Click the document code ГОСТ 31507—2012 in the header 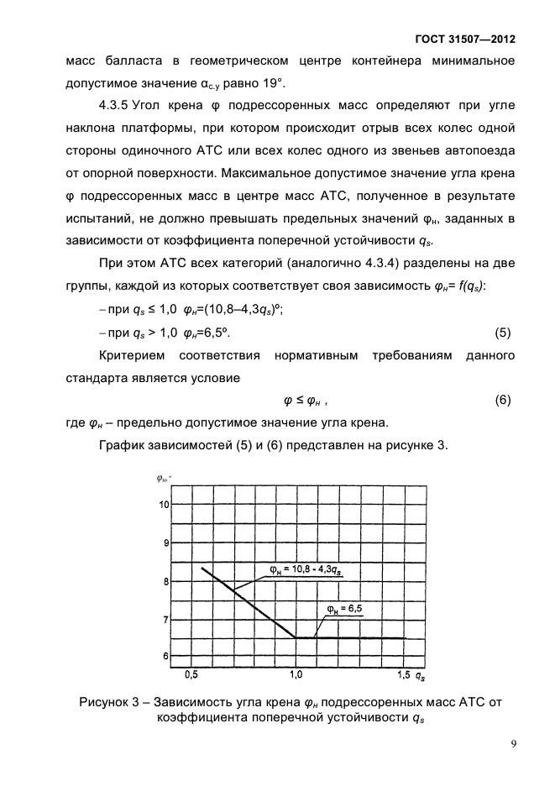464,39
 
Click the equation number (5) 502,332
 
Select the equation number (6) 502,400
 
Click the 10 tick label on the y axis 165,505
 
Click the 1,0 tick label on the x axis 296,674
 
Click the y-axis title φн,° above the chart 163,479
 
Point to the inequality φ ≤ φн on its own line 306,401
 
